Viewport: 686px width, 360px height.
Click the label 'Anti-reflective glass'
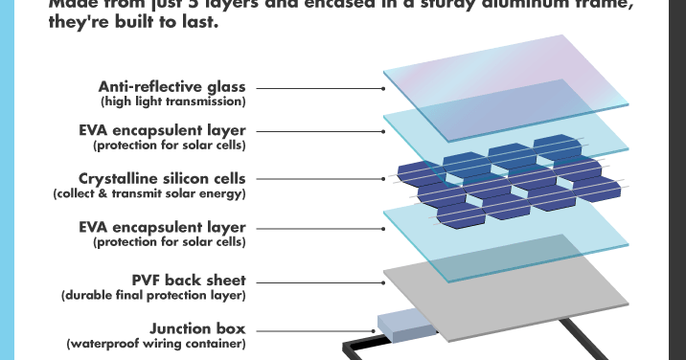tap(171, 86)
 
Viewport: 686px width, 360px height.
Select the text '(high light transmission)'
tap(173, 101)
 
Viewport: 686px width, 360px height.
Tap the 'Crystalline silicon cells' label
tap(162, 178)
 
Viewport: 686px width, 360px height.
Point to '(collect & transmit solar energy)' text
tap(149, 193)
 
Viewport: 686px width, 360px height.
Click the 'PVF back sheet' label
tap(189, 281)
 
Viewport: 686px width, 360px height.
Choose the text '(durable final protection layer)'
tap(153, 296)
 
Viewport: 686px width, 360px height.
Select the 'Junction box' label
tap(196, 327)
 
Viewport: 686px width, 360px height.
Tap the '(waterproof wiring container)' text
tap(156, 343)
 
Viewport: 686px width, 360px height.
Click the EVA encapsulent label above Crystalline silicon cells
tap(163, 130)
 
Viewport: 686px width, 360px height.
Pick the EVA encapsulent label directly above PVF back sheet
tap(163, 227)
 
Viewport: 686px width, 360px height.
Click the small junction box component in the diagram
tap(406, 326)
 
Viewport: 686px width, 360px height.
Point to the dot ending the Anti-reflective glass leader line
tap(384, 87)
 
